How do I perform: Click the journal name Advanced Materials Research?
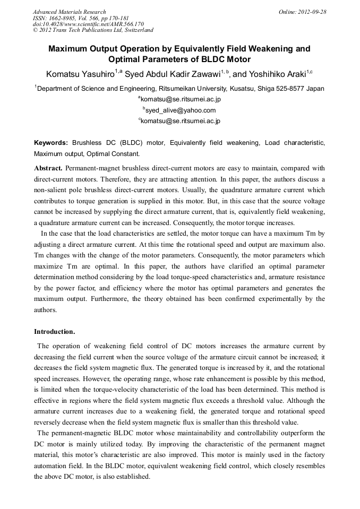tap(70, 12)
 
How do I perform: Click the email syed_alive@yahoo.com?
tap(180, 110)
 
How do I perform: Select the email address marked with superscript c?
tap(180, 121)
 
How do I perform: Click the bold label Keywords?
tap(51, 143)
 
